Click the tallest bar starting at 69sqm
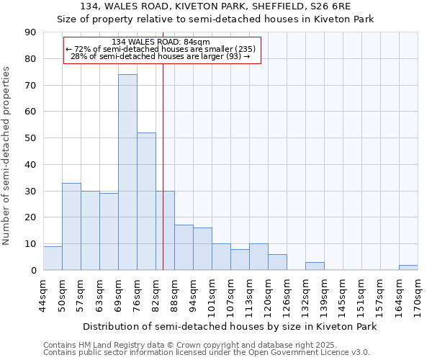click(x=127, y=172)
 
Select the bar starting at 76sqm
click(x=146, y=202)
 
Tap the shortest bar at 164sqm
click(x=408, y=268)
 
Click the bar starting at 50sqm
click(x=71, y=227)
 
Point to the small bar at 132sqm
click(x=315, y=266)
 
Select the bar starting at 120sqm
click(x=277, y=262)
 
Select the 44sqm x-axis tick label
click(x=43, y=294)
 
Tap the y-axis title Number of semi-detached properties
click(x=7, y=155)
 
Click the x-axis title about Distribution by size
click(x=230, y=326)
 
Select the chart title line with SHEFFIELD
click(x=215, y=6)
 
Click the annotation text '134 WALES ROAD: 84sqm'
click(x=161, y=42)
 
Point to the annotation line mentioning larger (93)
click(x=161, y=56)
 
